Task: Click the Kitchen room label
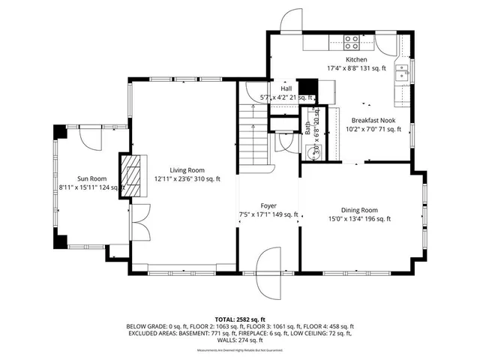356,59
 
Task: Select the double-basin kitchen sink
402,73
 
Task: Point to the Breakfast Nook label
373,119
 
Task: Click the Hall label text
286,88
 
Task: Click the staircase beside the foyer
253,135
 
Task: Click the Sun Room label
91,178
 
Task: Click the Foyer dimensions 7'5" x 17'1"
268,214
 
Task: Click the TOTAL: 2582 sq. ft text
240,319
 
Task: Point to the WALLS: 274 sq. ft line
240,341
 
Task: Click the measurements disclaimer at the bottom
240,350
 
